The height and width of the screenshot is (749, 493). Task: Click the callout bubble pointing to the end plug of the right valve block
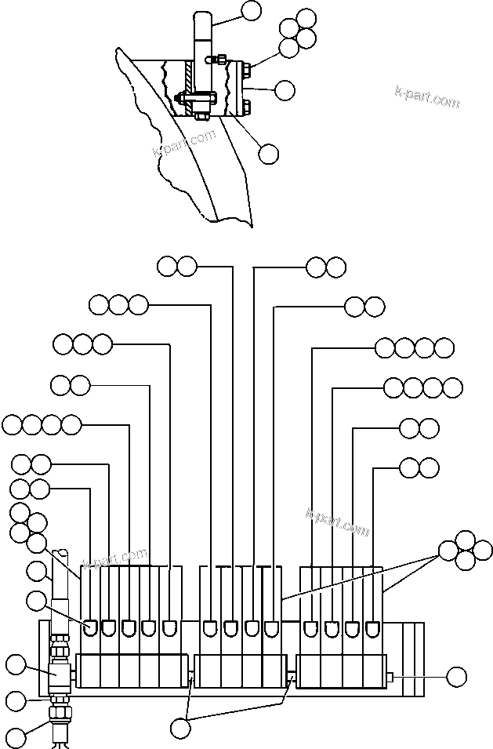455,675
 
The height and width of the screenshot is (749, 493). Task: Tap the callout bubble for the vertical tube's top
252,10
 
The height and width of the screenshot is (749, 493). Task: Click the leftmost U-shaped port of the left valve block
91,627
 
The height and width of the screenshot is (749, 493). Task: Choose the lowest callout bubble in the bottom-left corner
15,736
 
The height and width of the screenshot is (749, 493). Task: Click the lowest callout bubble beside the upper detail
268,153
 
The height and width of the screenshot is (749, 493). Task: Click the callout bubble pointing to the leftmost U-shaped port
36,602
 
